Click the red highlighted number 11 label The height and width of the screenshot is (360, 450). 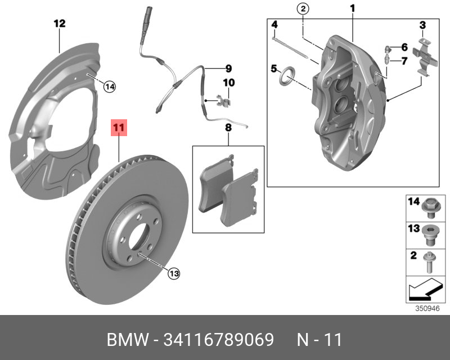[119, 128]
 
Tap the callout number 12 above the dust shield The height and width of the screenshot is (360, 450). [60, 23]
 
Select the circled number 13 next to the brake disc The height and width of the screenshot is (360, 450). [174, 273]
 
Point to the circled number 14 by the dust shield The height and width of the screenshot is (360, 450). [110, 87]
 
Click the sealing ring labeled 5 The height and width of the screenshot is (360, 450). [287, 76]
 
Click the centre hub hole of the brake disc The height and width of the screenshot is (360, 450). [139, 236]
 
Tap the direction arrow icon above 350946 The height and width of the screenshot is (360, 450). [425, 289]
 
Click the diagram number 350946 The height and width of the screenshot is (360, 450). [427, 308]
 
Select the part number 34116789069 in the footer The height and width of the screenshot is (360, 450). [218, 340]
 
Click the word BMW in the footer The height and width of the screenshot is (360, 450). [128, 340]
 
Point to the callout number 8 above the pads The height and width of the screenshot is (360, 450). [228, 128]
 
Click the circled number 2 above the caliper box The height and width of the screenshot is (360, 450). [303, 9]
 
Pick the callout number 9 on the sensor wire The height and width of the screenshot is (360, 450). [228, 69]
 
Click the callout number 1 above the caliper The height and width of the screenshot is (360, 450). [353, 8]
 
